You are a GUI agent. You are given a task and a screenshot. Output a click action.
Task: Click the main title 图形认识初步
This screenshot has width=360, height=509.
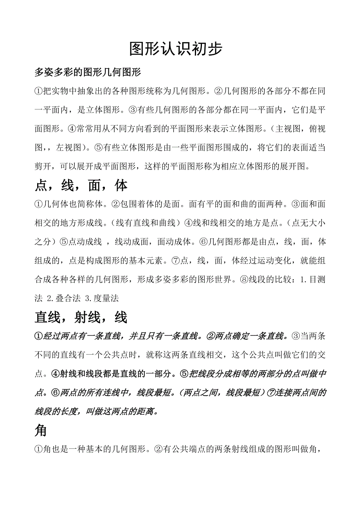(176, 49)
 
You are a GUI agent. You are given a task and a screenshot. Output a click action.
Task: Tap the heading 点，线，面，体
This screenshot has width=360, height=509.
(81, 186)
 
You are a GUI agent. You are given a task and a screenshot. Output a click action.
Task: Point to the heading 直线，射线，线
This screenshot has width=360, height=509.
(81, 317)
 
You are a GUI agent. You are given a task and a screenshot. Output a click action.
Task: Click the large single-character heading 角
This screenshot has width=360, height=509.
(41, 430)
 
